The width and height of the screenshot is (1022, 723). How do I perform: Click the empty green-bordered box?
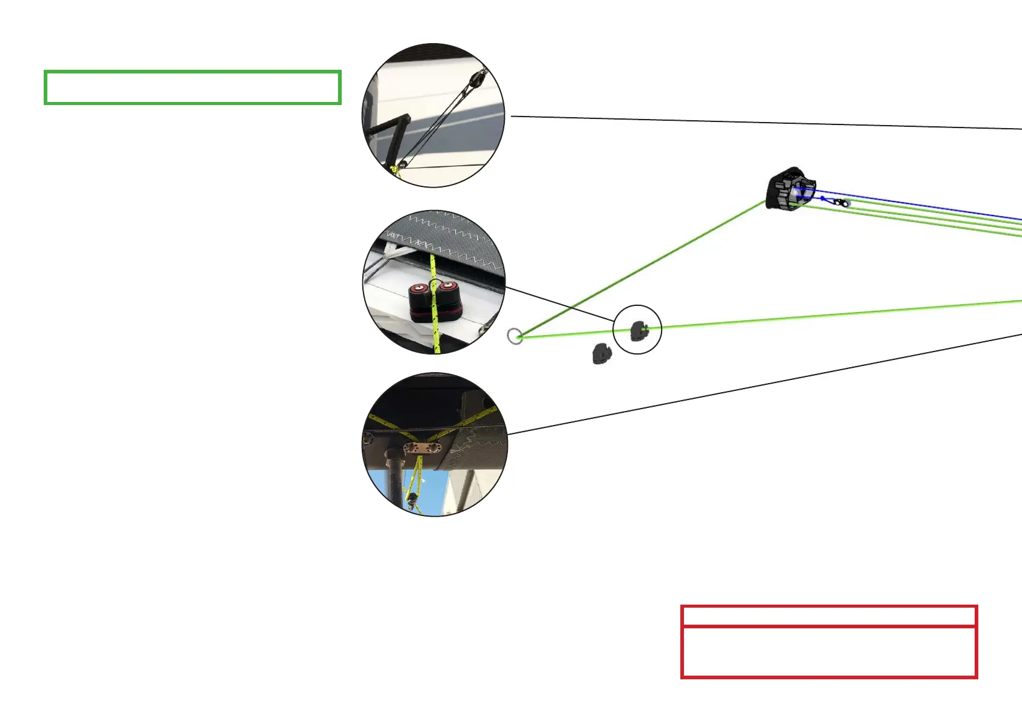click(x=192, y=87)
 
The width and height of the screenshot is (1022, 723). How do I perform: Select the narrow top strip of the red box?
click(x=828, y=616)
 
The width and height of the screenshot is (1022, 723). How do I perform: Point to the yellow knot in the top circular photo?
click(x=395, y=169)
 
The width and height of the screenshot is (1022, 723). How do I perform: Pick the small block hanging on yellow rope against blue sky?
click(x=413, y=500)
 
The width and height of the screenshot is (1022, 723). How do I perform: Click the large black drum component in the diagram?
click(x=789, y=189)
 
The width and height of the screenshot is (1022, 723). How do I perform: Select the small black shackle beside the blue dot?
click(x=840, y=202)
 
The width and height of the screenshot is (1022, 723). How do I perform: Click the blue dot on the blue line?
click(x=823, y=198)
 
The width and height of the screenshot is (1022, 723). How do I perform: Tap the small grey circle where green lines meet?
click(x=515, y=336)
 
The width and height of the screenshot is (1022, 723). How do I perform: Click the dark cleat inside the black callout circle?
click(x=638, y=331)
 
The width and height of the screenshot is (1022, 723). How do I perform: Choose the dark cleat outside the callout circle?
click(x=601, y=353)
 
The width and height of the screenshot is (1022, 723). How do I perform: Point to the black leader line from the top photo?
click(x=765, y=123)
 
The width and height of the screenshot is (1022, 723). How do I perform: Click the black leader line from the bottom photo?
click(x=765, y=384)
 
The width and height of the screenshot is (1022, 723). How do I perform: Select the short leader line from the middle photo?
click(x=558, y=304)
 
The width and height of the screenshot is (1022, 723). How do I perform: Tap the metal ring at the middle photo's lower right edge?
click(x=484, y=330)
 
